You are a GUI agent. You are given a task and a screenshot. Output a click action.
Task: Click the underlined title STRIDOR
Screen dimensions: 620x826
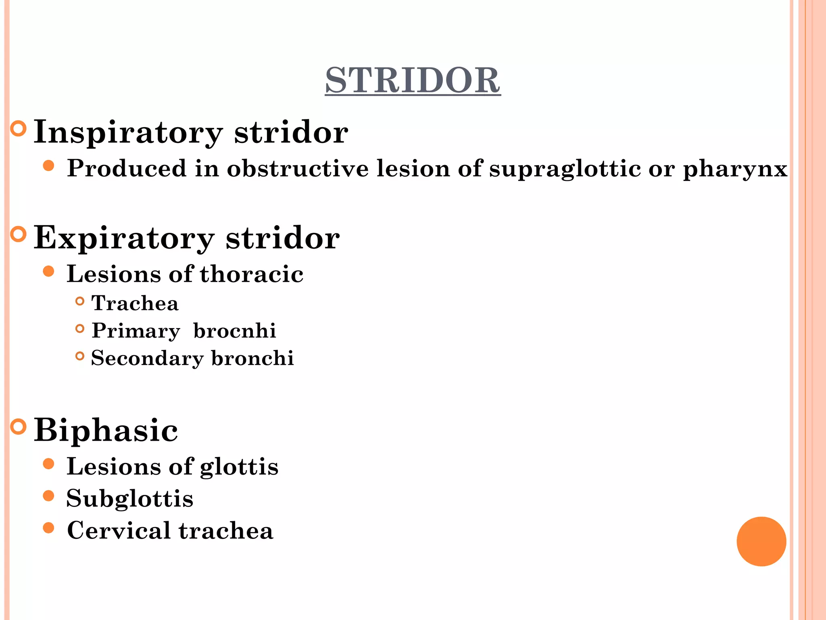pyautogui.click(x=413, y=80)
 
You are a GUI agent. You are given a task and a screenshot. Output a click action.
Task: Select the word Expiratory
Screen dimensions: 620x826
pyautogui.click(x=123, y=238)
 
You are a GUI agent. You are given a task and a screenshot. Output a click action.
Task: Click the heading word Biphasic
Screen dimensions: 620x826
pyautogui.click(x=106, y=430)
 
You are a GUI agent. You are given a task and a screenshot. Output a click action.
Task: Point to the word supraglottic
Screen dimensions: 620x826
pyautogui.click(x=565, y=169)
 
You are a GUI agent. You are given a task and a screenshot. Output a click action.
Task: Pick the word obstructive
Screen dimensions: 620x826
pyautogui.click(x=298, y=168)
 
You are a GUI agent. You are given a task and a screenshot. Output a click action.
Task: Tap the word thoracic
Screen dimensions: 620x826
pyautogui.click(x=252, y=274)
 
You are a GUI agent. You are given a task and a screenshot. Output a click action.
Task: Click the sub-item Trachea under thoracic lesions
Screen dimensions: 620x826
pyautogui.click(x=135, y=303)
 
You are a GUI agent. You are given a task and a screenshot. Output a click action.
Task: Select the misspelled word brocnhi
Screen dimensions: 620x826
pyautogui.click(x=235, y=331)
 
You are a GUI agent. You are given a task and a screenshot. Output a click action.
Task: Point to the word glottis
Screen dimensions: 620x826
pyautogui.click(x=239, y=467)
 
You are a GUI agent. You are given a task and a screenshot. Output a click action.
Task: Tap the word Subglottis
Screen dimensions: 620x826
pyautogui.click(x=130, y=499)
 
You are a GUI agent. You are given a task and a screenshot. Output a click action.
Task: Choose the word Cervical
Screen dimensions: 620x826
pyautogui.click(x=119, y=530)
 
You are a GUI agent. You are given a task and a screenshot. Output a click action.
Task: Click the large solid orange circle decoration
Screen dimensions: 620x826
pyautogui.click(x=761, y=541)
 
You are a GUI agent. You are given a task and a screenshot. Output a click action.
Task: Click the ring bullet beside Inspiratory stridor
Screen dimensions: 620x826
pyautogui.click(x=18, y=129)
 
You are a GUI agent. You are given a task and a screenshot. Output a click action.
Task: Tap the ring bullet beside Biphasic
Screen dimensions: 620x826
pyautogui.click(x=18, y=426)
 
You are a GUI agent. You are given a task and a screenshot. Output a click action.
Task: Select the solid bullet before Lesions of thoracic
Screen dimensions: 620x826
pyautogui.click(x=48, y=271)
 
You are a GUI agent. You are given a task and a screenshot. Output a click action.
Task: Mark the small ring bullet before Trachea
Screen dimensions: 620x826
pyautogui.click(x=80, y=301)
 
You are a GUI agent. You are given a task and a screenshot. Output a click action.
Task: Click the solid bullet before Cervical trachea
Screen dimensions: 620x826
pyautogui.click(x=48, y=528)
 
